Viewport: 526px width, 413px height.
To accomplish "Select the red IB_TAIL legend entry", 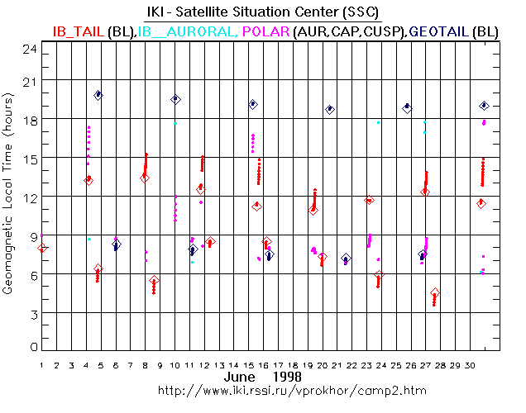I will pyautogui.click(x=79, y=31).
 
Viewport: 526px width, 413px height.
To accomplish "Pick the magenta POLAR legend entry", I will pyautogui.click(x=264, y=31).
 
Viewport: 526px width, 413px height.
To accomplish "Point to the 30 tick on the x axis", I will pyautogui.click(x=471, y=364).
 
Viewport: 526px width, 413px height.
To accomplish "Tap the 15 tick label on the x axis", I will pyautogui.click(x=249, y=364).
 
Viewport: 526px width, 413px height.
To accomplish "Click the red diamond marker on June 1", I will pyautogui.click(x=43, y=248).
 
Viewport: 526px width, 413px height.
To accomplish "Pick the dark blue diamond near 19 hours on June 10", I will pyautogui.click(x=175, y=99).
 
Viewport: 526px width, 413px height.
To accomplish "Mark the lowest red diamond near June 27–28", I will pyautogui.click(x=435, y=293).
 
